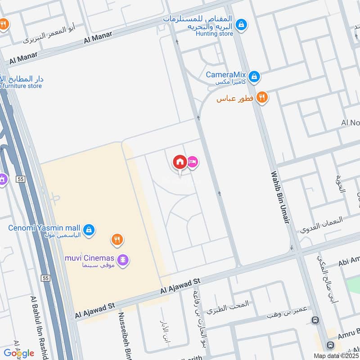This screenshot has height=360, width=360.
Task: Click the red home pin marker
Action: [180, 162]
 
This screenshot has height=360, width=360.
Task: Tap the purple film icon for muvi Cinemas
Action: [123, 260]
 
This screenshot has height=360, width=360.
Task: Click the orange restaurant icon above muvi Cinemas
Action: [117, 239]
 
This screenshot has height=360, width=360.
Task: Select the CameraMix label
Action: [225, 75]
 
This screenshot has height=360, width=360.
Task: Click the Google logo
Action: [19, 353]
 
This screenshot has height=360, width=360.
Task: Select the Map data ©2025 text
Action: [336, 355]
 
